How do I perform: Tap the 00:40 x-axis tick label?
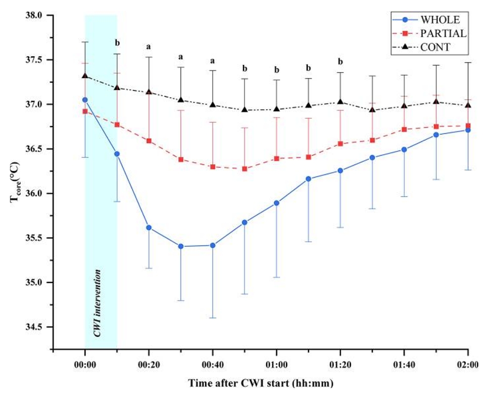tap(212, 366)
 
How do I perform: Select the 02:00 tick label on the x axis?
tap(468, 366)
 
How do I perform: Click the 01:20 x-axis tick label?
tap(340, 366)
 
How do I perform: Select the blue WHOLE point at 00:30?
tap(181, 246)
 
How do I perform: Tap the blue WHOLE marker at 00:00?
tap(85, 100)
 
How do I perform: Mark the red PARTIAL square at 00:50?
tap(245, 169)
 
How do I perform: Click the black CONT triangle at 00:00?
tap(85, 76)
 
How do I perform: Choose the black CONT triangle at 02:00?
tap(468, 105)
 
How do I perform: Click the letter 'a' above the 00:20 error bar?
tap(149, 47)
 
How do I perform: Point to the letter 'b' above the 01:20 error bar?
tap(340, 62)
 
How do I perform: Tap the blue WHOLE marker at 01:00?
tap(276, 203)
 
